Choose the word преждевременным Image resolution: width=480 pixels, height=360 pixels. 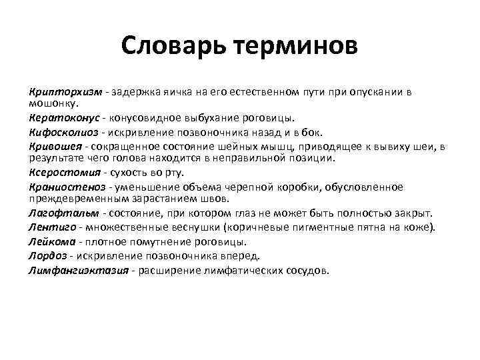point(71,198)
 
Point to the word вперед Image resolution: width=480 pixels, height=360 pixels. point(241,256)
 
